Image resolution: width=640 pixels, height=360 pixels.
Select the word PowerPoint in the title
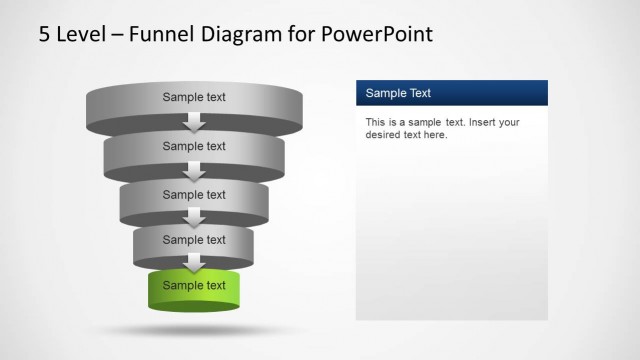[378, 34]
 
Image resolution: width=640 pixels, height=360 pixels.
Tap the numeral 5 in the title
[45, 34]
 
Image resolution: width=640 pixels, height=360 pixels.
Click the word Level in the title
[81, 34]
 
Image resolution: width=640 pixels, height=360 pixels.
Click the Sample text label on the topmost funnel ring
[194, 97]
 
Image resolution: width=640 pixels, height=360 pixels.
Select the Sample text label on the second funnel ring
[194, 146]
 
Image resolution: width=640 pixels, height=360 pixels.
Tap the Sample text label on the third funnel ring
[194, 194]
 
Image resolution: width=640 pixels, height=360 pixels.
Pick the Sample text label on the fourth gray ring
[194, 240]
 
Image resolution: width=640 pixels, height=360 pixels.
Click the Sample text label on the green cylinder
[194, 285]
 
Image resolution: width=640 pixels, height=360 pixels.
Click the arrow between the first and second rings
[195, 122]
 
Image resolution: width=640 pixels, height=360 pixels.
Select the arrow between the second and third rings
[195, 171]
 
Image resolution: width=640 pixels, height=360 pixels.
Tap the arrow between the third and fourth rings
[195, 217]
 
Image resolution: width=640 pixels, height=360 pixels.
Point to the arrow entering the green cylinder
[195, 263]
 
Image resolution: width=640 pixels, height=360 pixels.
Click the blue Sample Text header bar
[451, 93]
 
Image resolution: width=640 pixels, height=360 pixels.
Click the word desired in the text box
[384, 135]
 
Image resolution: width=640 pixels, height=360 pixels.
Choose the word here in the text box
[435, 135]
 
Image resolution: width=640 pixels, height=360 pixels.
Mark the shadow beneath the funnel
[195, 329]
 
